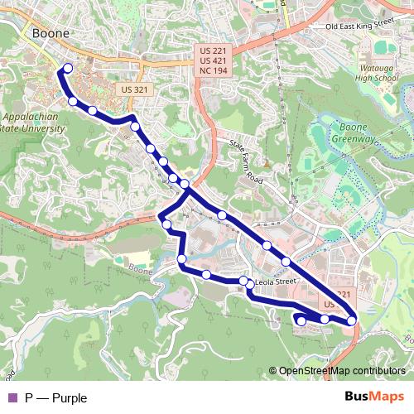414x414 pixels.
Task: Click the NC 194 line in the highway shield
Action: pos(214,72)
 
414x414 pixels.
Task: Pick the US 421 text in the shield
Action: pos(214,61)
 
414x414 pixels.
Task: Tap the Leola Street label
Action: pos(276,282)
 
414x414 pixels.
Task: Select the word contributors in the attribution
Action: pos(381,371)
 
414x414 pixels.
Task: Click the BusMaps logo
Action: pos(373,397)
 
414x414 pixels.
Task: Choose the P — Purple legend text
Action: pos(55,398)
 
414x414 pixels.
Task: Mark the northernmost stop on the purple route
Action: pos(68,69)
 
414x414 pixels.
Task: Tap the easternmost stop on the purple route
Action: pos(351,320)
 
